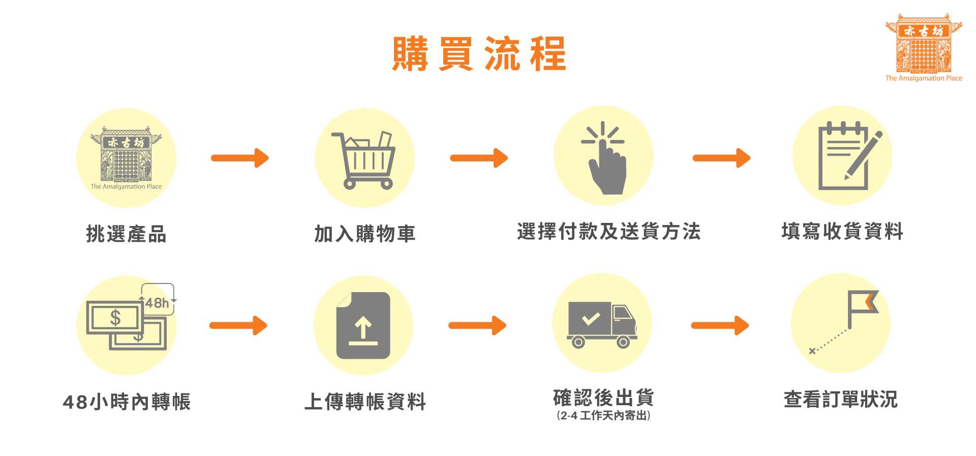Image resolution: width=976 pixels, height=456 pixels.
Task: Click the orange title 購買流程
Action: [479, 53]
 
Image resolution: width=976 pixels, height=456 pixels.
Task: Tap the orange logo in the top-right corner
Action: [924, 47]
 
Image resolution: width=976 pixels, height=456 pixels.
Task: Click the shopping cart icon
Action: [365, 160]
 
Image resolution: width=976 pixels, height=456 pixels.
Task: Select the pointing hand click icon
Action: [605, 159]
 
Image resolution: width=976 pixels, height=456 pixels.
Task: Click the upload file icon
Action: [363, 326]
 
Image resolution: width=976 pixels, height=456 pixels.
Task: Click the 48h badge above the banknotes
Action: [158, 302]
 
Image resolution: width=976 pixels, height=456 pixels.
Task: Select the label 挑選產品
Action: [127, 234]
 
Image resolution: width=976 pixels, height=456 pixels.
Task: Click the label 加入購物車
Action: [365, 234]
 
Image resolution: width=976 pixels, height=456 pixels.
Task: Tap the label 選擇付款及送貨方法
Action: [609, 232]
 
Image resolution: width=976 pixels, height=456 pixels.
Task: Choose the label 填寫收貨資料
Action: [842, 232]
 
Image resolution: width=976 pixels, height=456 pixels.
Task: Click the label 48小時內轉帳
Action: [127, 402]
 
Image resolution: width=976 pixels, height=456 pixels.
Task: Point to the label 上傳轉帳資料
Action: [365, 402]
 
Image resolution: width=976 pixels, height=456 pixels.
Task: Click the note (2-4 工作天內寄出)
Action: [603, 416]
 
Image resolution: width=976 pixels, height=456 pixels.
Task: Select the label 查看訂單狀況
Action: [841, 400]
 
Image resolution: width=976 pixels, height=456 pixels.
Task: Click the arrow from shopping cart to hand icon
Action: [479, 158]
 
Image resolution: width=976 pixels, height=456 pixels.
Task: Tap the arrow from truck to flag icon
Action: [720, 326]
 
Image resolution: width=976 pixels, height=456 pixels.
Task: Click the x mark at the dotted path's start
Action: [812, 351]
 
